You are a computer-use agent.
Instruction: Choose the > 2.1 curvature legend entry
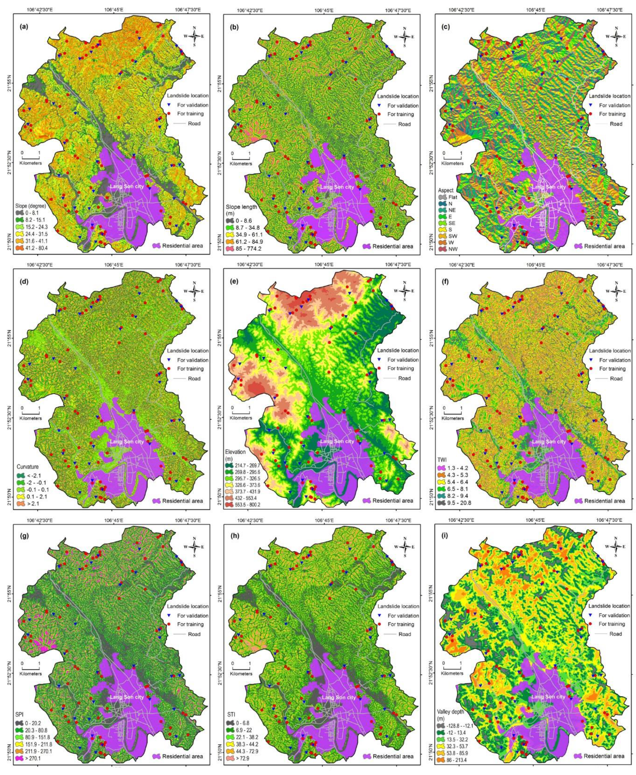pos(32,503)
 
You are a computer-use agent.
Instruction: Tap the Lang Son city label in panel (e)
pos(337,441)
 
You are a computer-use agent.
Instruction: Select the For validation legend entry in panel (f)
pos(614,360)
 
